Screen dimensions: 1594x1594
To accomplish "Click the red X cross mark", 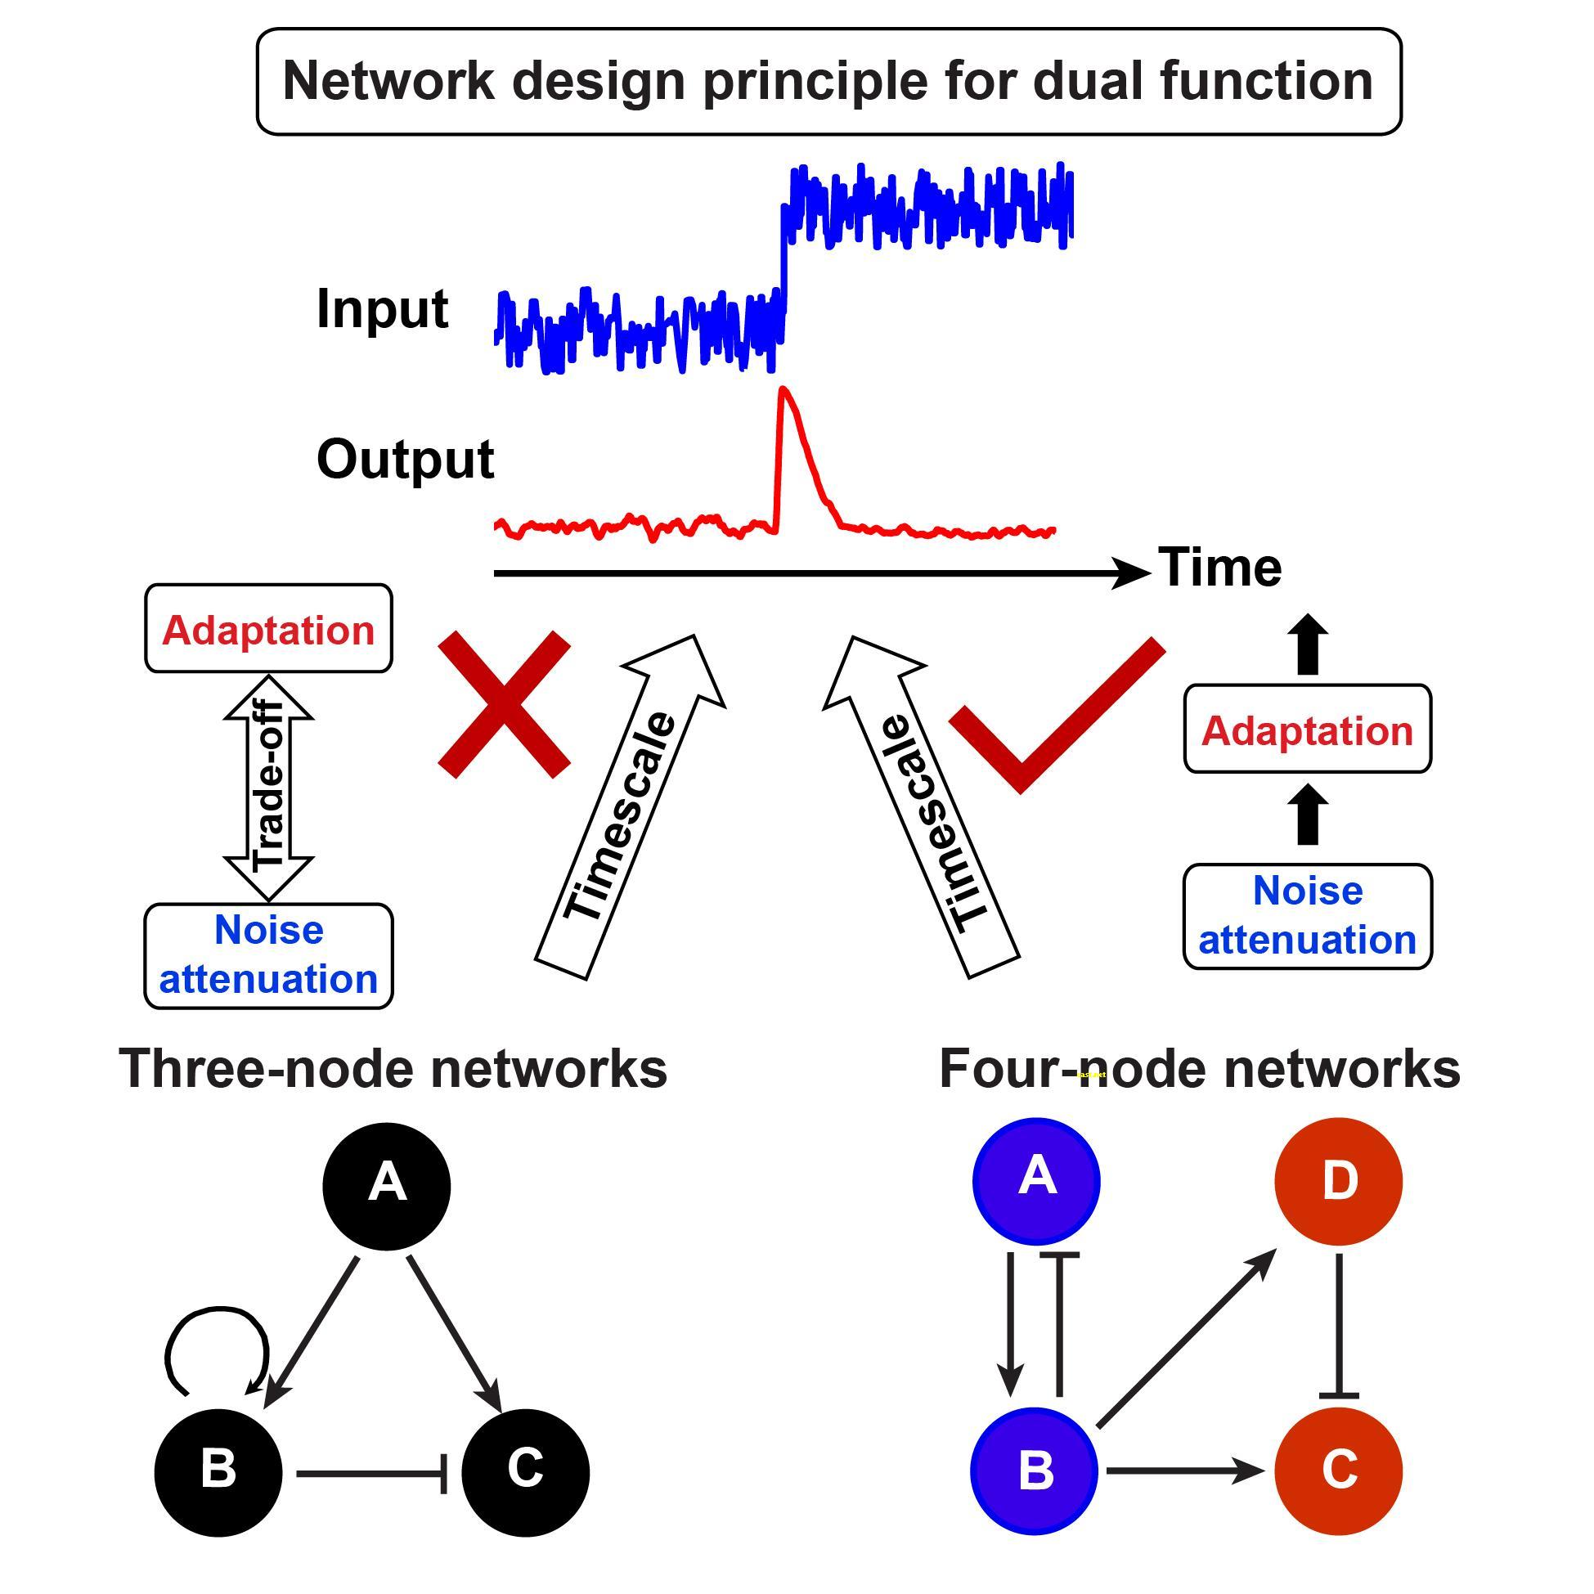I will coord(503,705).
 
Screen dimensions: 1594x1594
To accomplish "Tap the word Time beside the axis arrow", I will coord(1219,568).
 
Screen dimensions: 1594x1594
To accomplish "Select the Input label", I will coord(382,308).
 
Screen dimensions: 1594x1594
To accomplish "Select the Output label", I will coord(405,459).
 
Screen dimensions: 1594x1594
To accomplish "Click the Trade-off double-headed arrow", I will coord(268,788).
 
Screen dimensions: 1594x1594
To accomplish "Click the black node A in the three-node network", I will coord(386,1186).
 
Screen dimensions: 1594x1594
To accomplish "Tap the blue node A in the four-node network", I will coord(1036,1181).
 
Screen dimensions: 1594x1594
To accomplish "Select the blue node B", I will coord(1035,1471).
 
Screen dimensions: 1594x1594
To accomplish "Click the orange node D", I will coord(1338,1181).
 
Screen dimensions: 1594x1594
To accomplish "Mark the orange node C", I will coord(1338,1471).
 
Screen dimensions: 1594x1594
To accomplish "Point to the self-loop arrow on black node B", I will coord(216,1338).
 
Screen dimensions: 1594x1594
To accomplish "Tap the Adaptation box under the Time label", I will coord(1307,730).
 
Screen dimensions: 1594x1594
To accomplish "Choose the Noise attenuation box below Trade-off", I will coord(268,955).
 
